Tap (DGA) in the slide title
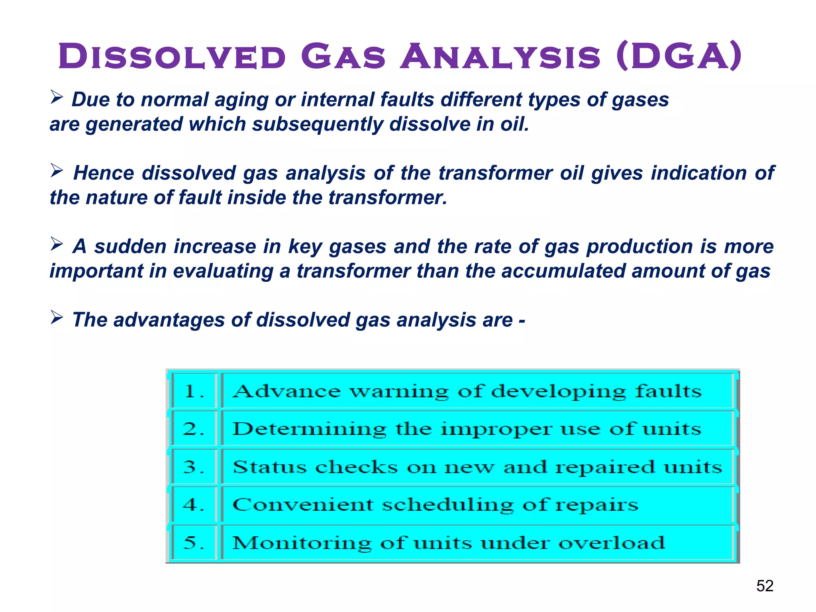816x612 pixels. [679, 57]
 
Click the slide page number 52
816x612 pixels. [765, 586]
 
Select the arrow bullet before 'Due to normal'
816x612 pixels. [57, 97]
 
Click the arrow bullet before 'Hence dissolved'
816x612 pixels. [57, 171]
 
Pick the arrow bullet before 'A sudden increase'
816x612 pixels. [57, 244]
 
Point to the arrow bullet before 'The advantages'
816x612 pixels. [57, 318]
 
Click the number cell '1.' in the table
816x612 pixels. [194, 391]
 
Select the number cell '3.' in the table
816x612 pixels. [194, 467]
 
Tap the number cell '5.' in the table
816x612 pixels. [194, 543]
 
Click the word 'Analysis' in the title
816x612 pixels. [500, 57]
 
